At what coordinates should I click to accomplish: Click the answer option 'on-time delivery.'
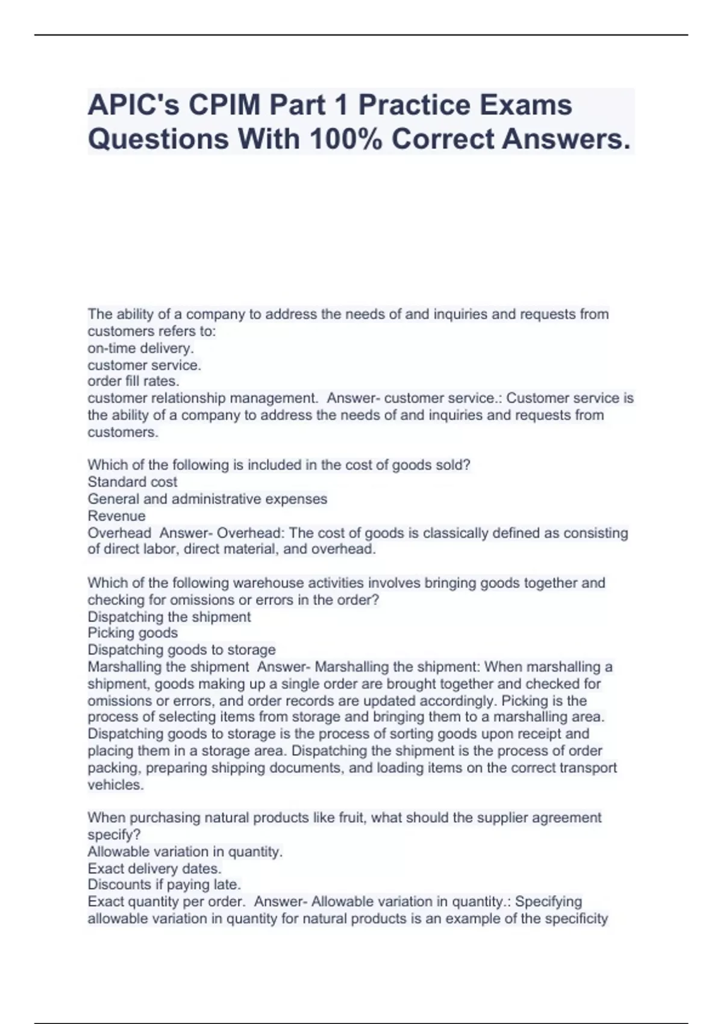[140, 348]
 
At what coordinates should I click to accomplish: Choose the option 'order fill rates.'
[133, 381]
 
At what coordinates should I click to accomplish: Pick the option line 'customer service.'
[144, 365]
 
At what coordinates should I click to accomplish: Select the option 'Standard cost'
[132, 482]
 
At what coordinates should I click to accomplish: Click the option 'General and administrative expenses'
[207, 499]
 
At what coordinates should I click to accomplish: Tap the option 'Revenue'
[116, 516]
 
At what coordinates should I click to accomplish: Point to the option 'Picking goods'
[133, 632]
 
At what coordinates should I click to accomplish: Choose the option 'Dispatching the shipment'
[169, 616]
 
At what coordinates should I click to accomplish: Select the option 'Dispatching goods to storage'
[181, 649]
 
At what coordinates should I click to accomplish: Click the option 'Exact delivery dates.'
[154, 869]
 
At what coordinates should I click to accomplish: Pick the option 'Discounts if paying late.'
[164, 884]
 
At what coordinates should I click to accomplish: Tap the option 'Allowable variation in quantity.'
[185, 852]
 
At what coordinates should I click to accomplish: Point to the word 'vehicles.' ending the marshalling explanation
[116, 785]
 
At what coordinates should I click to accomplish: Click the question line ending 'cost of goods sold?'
[278, 465]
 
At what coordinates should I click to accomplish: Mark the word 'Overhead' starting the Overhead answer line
[119, 532]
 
